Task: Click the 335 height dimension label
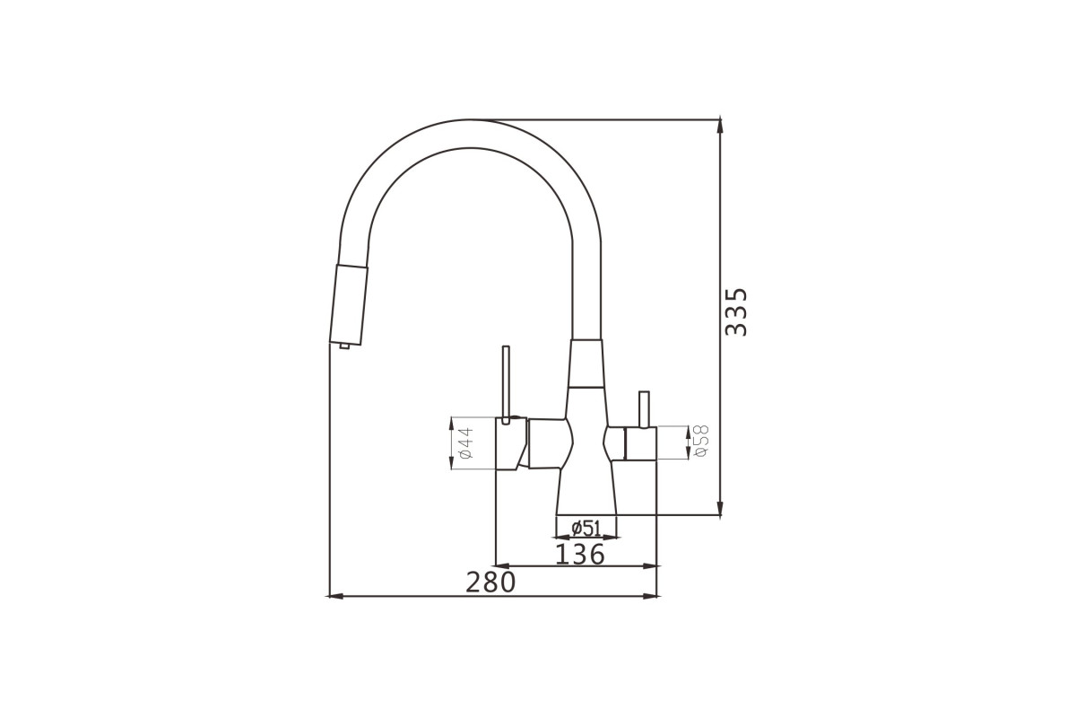click(x=736, y=312)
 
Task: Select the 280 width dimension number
click(x=490, y=582)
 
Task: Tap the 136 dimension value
click(x=579, y=555)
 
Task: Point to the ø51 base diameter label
click(x=586, y=529)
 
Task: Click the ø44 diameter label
click(x=466, y=443)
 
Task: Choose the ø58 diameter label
click(x=701, y=441)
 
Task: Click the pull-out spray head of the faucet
click(x=349, y=304)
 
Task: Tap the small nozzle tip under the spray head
click(x=344, y=346)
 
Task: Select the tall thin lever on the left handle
click(x=506, y=385)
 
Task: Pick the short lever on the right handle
click(x=644, y=409)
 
